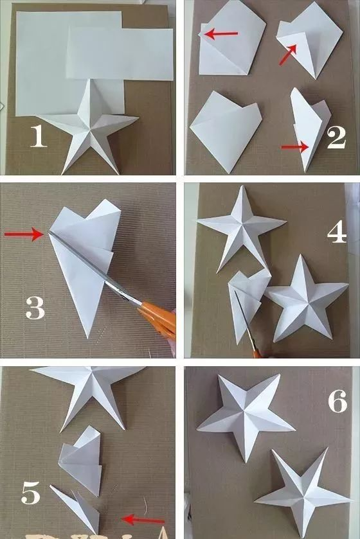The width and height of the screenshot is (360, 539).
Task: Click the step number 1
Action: pyautogui.click(x=38, y=136)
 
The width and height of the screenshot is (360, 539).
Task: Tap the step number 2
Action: pyautogui.click(x=336, y=137)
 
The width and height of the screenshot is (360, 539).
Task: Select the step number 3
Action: pyautogui.click(x=35, y=307)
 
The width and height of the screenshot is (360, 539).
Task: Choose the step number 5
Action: pyautogui.click(x=31, y=493)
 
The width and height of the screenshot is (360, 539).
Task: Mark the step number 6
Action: pyautogui.click(x=337, y=401)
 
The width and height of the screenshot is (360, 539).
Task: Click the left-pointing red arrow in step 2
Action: pyautogui.click(x=221, y=33)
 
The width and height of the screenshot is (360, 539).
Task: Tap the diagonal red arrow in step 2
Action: pyautogui.click(x=287, y=55)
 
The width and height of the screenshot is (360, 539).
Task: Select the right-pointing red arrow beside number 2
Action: pyautogui.click(x=294, y=147)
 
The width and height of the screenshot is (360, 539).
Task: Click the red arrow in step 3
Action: pyautogui.click(x=24, y=234)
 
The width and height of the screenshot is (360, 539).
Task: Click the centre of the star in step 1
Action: pyautogui.click(x=91, y=130)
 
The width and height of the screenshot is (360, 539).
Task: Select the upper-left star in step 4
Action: pyautogui.click(x=241, y=225)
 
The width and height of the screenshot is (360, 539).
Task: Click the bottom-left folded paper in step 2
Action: pyautogui.click(x=225, y=129)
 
